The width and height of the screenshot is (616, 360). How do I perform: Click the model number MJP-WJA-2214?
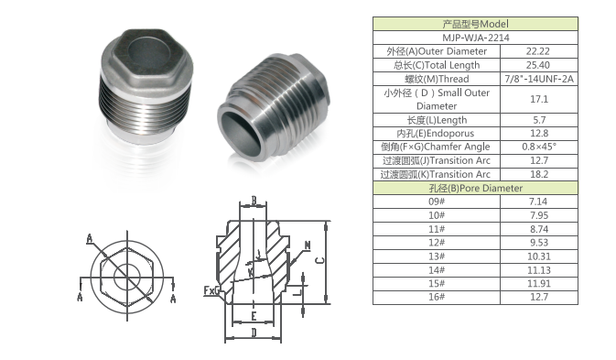475,38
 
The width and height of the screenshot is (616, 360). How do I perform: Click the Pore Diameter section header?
475,187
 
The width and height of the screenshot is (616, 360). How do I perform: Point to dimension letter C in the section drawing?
317,259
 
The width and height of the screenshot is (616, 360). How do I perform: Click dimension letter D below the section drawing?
254,334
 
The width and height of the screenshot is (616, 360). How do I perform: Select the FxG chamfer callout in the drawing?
211,290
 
